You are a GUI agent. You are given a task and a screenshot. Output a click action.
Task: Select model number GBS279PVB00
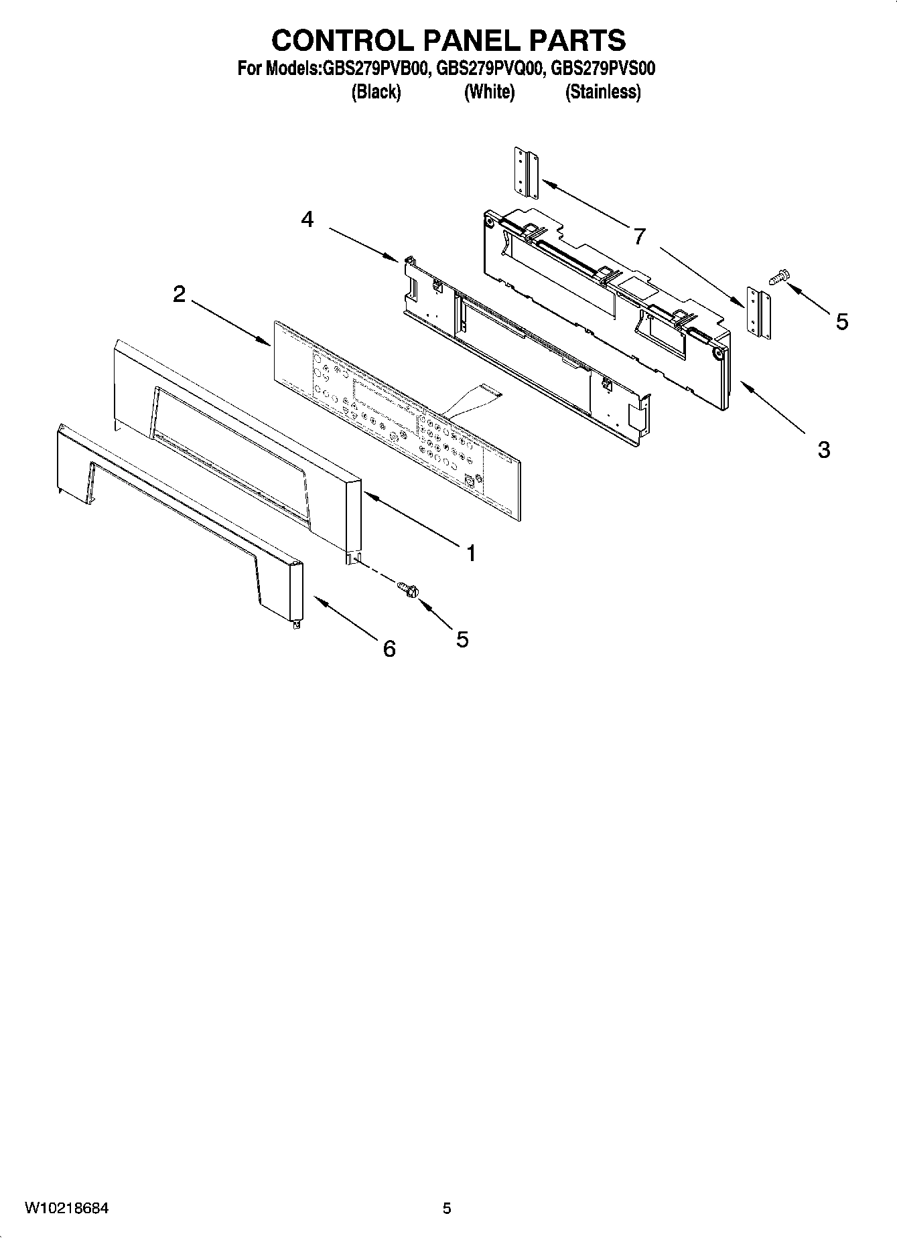tap(376, 68)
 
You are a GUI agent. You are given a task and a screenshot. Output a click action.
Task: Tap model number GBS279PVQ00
tap(489, 68)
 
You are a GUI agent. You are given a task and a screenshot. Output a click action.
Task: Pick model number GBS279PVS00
tap(603, 68)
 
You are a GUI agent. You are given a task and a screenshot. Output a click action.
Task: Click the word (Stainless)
tap(603, 92)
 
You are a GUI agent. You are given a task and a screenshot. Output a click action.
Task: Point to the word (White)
tap(489, 92)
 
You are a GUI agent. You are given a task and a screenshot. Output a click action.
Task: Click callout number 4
tap(307, 219)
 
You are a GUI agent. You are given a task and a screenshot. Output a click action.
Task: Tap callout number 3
tap(823, 449)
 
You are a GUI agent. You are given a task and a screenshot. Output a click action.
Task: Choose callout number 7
tap(640, 236)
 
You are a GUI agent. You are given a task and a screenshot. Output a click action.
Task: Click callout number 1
tap(471, 553)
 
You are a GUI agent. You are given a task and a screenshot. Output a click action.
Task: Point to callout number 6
tap(389, 648)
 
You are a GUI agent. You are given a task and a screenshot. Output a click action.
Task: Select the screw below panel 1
tap(407, 589)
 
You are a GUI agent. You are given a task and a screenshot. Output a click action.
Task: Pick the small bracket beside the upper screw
tap(756, 313)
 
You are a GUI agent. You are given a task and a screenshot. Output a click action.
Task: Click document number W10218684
tap(67, 1209)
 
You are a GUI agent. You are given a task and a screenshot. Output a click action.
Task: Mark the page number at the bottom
tap(447, 1209)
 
